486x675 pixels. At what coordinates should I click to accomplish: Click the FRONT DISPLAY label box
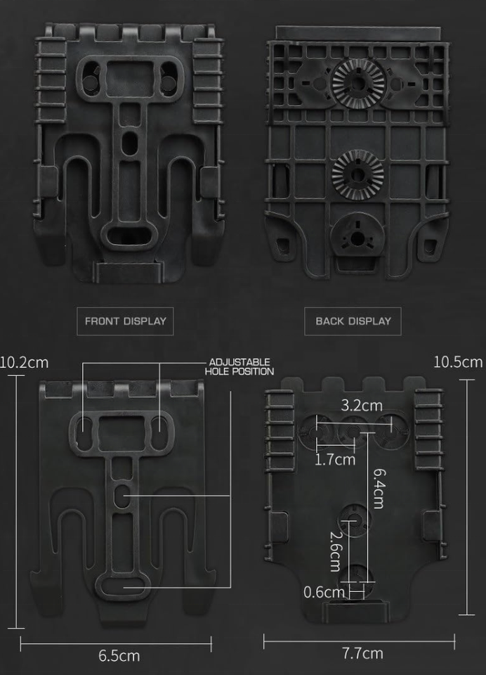[x=126, y=321]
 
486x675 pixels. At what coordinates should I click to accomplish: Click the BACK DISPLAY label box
[x=353, y=321]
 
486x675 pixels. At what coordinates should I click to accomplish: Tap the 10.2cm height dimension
[x=25, y=363]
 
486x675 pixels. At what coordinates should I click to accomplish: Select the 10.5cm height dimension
[x=458, y=362]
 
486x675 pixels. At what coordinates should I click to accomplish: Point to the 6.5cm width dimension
[x=119, y=655]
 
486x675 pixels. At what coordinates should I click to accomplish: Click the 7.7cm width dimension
[x=362, y=653]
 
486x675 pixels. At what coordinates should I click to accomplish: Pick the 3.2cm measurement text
[x=362, y=406]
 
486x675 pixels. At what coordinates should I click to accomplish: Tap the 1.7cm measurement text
[x=335, y=460]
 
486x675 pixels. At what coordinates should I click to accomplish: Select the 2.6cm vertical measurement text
[x=334, y=551]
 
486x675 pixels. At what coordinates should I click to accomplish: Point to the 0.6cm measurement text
[x=324, y=591]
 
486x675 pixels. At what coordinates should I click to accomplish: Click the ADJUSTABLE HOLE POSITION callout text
[x=239, y=367]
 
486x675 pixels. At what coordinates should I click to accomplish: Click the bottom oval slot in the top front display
[x=128, y=236]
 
